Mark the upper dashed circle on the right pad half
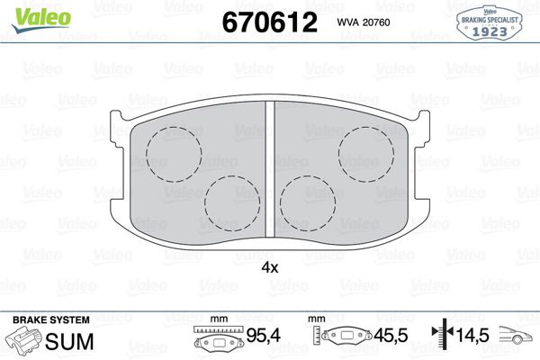click(365, 150)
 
